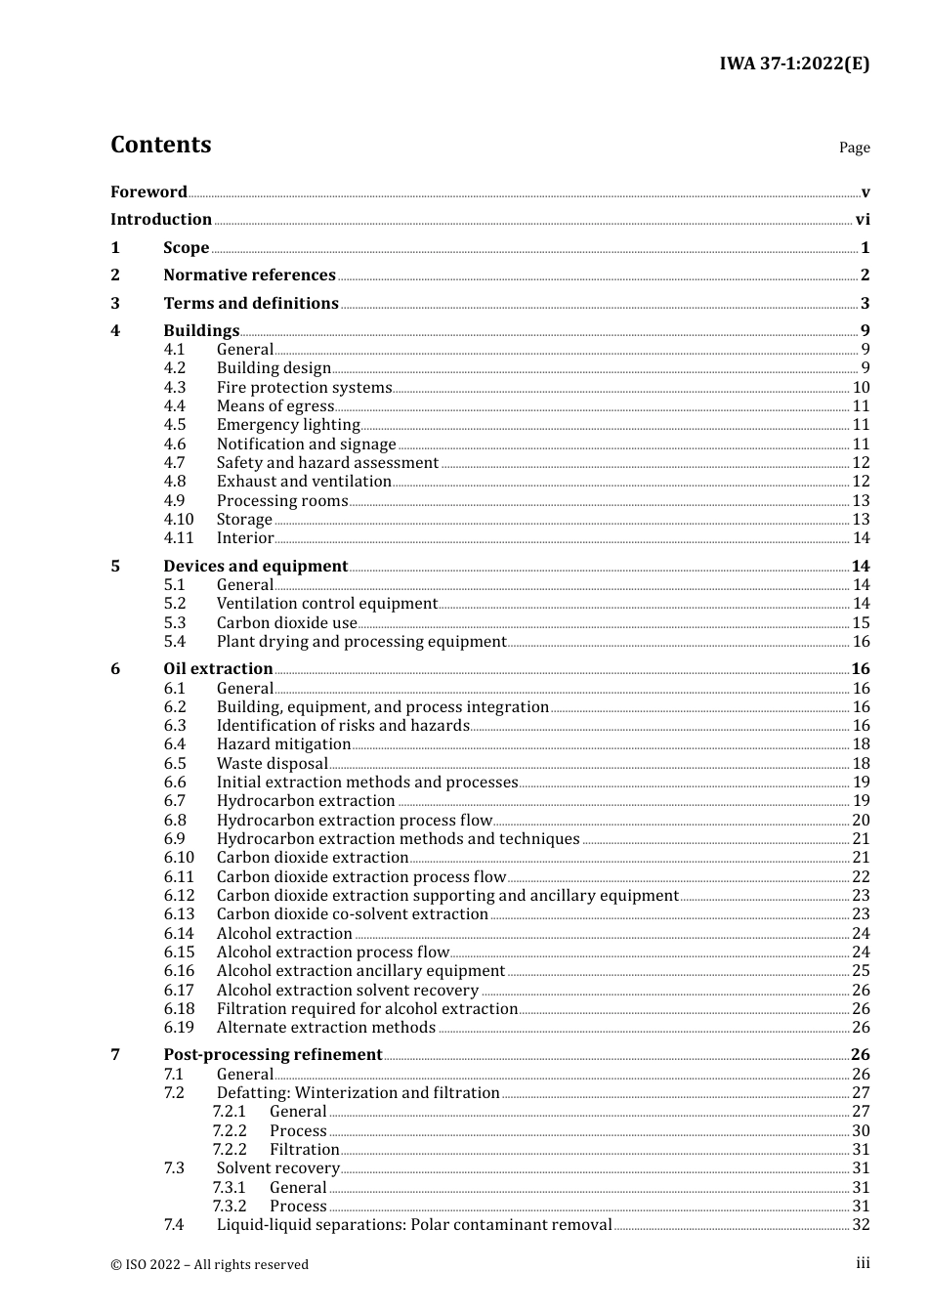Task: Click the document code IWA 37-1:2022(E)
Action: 794,64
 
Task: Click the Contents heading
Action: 160,145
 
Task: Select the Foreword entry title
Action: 148,191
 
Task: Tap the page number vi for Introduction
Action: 863,220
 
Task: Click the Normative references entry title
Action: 249,275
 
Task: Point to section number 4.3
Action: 175,387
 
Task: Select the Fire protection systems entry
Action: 304,388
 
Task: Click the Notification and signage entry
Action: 306,445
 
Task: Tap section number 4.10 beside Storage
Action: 179,520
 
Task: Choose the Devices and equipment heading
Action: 255,567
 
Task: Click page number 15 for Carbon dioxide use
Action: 861,623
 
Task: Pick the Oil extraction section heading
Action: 218,669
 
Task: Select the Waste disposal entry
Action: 272,764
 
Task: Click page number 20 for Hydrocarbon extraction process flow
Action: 861,821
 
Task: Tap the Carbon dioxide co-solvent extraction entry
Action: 352,914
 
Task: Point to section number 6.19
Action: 179,1028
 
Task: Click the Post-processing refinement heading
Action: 273,1055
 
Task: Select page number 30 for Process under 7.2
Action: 861,1131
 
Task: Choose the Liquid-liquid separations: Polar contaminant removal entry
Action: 414,1225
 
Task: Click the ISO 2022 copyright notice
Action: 209,1264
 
